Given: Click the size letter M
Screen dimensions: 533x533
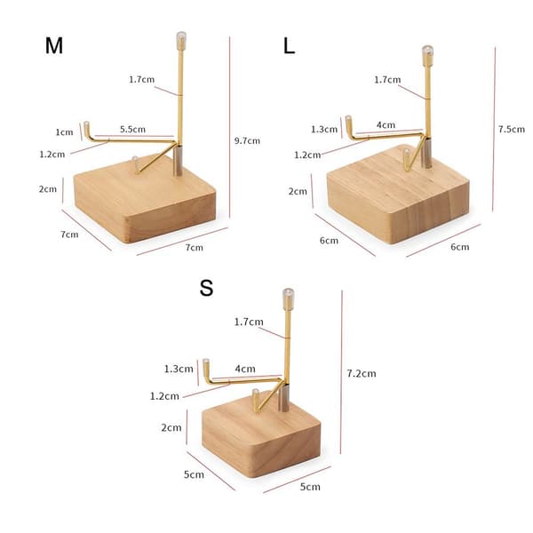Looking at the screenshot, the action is click(x=53, y=45).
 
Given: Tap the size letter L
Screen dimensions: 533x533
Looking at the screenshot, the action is click(x=289, y=46).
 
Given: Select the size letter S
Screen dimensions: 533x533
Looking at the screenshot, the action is click(x=206, y=288).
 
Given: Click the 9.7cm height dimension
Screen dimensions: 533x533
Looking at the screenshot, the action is click(x=247, y=140).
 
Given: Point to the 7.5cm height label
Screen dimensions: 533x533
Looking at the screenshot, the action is click(x=512, y=129).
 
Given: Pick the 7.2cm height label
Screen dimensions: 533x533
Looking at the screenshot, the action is click(x=362, y=374).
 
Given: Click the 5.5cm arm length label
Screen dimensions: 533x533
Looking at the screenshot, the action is click(x=132, y=129).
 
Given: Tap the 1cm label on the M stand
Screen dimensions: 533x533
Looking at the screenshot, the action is click(x=64, y=131).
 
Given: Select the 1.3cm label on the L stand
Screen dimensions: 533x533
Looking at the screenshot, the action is click(x=324, y=129).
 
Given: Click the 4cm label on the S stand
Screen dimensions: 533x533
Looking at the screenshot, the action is click(x=245, y=369).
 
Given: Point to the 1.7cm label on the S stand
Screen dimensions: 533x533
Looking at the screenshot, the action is click(x=249, y=322).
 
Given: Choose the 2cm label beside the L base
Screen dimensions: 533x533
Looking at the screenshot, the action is click(x=298, y=191).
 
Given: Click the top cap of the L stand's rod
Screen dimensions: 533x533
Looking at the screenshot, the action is click(x=427, y=55).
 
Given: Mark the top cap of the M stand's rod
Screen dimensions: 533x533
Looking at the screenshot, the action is click(x=181, y=41).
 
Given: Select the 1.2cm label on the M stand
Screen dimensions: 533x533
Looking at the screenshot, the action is click(x=52, y=155).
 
